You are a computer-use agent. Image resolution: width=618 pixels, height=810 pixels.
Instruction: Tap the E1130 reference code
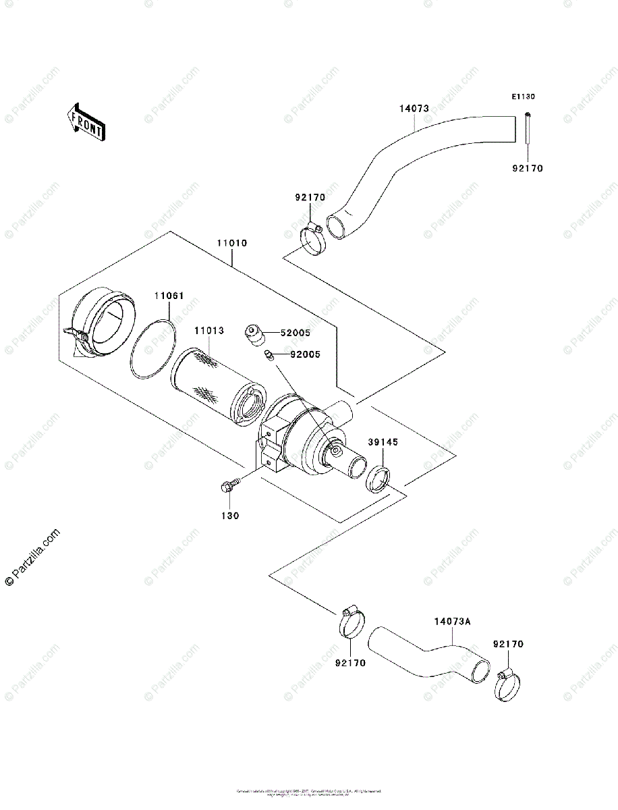tap(523, 97)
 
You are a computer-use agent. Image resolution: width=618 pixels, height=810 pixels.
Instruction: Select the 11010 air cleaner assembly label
tap(231, 243)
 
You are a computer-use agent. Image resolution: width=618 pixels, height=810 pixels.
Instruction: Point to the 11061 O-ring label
tap(169, 296)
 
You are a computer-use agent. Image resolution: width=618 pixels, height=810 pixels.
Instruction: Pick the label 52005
tap(296, 333)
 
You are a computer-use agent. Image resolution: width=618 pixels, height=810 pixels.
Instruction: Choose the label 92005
tap(305, 354)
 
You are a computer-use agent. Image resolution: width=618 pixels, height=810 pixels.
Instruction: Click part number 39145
tap(383, 442)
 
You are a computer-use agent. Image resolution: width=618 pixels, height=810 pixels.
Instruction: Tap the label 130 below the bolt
tap(229, 515)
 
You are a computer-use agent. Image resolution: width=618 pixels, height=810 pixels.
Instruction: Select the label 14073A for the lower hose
tap(451, 620)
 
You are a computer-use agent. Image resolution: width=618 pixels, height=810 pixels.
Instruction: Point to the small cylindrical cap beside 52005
tap(253, 333)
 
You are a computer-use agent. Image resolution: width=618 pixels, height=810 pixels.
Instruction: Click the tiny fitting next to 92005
tap(269, 354)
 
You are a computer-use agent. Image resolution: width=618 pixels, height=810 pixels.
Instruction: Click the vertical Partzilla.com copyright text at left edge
tap(32, 558)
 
